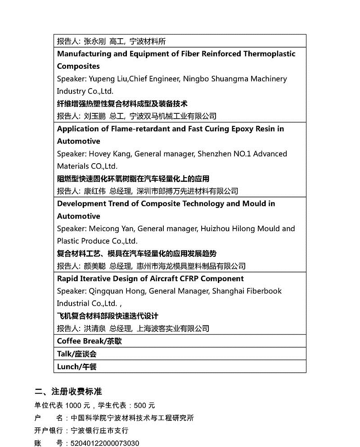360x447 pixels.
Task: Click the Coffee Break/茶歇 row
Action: tap(89, 341)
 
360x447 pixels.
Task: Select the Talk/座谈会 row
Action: tap(76, 354)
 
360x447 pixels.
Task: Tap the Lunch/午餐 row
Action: tap(76, 367)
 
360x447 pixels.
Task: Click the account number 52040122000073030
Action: tap(105, 443)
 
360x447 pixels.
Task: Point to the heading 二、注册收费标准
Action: tap(72, 391)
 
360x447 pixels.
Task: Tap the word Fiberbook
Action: tap(263, 291)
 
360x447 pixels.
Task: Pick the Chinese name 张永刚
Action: tap(94, 41)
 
